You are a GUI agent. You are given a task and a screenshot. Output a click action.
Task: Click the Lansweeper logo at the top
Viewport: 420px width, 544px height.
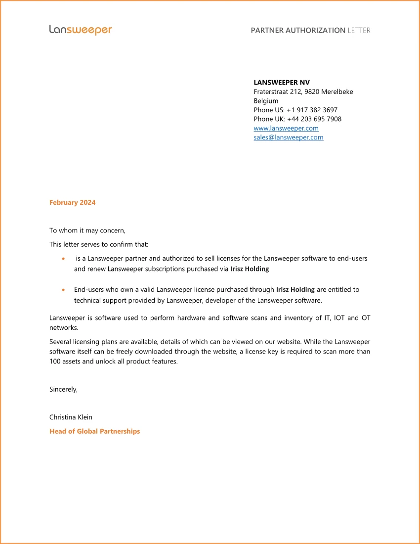pos(81,30)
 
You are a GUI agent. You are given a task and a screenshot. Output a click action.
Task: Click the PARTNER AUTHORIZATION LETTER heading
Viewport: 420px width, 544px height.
pos(310,30)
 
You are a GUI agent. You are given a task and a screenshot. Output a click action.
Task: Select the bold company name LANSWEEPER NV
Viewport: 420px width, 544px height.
pos(282,83)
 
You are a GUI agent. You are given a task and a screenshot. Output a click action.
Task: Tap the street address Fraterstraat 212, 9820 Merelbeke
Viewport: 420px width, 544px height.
pos(303,91)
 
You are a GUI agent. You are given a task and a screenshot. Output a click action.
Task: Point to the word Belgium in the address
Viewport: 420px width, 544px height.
pos(266,101)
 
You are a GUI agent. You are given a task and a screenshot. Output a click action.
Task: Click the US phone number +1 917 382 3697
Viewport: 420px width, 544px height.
pos(312,110)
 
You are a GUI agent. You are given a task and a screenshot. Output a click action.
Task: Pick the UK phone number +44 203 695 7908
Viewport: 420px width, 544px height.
pos(314,119)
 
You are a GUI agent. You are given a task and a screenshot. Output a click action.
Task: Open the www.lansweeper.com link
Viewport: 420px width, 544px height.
pos(286,128)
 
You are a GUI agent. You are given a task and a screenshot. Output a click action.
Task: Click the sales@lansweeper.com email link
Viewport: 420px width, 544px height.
pos(289,137)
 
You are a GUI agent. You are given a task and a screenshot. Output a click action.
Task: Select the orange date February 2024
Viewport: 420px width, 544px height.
pos(73,202)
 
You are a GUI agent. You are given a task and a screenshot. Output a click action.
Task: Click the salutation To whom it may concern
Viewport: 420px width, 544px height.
pos(87,230)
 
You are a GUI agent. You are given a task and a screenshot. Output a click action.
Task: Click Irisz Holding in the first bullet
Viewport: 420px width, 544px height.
pos(250,269)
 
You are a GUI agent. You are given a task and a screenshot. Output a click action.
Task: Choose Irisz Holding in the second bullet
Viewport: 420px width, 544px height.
pos(295,290)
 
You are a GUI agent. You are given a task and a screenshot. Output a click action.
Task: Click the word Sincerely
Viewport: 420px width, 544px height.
pos(63,389)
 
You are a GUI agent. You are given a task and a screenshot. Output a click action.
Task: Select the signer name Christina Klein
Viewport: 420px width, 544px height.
pos(71,417)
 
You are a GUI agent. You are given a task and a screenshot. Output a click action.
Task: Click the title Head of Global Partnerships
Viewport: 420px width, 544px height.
pos(94,431)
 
